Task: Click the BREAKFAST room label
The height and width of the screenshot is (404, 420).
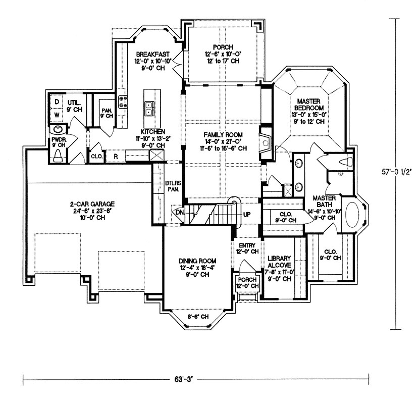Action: tap(152, 54)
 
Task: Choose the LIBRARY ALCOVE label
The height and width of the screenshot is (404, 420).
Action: tap(279, 257)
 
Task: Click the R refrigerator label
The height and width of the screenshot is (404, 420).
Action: tap(116, 156)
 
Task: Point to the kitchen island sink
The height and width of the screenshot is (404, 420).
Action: tap(150, 106)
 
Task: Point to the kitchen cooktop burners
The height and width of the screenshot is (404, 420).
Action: tap(122, 102)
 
